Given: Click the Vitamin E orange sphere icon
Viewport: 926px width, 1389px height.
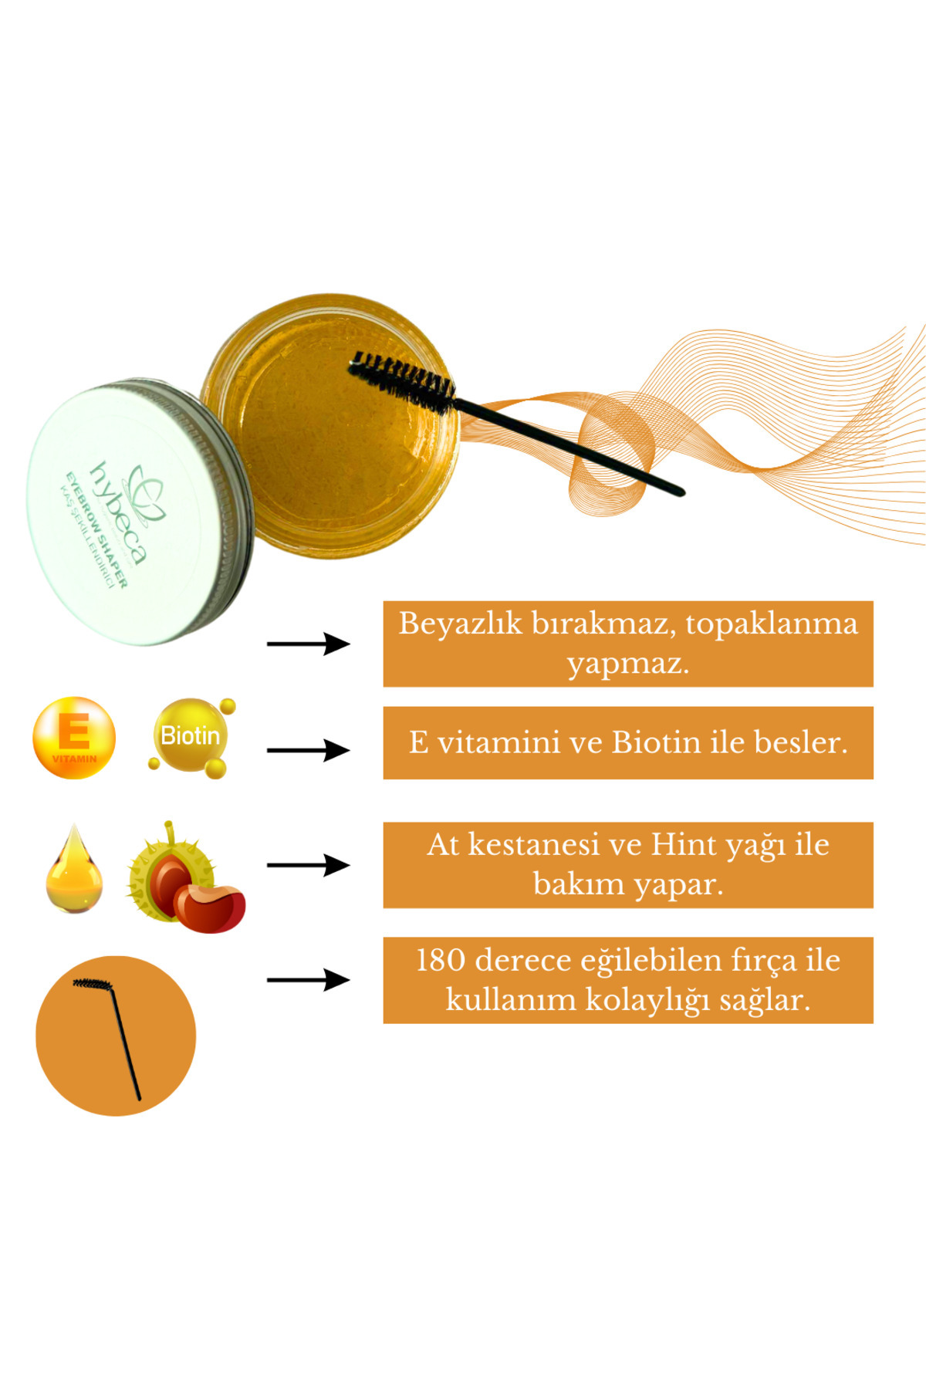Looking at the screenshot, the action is click(x=74, y=738).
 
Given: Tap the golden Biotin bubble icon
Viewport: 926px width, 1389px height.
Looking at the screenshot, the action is click(x=191, y=737).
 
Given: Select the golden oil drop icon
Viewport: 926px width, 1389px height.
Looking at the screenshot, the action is click(x=74, y=868).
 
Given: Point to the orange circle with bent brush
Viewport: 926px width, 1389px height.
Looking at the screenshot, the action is click(x=116, y=1036).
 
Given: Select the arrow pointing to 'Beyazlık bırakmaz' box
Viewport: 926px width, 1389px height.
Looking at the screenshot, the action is click(x=309, y=644).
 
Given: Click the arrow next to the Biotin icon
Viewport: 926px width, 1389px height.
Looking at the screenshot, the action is click(x=309, y=750).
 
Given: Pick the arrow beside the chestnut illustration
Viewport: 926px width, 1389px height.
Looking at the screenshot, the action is click(x=309, y=865).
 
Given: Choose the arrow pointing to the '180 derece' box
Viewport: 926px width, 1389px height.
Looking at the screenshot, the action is click(x=309, y=980).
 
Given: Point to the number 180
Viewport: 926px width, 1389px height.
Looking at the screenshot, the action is click(x=441, y=961).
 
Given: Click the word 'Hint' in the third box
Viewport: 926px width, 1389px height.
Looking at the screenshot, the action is click(x=683, y=845).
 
